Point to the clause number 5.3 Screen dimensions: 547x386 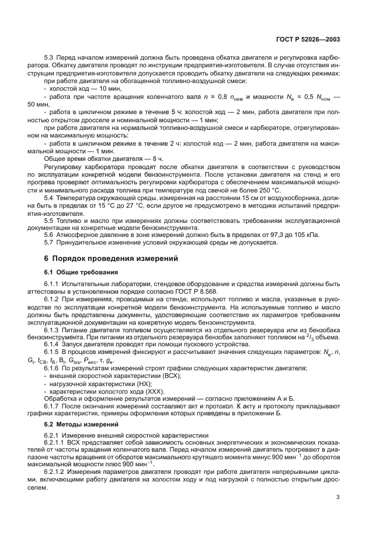point(50,59)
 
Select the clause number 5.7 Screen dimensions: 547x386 point(50,242)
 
